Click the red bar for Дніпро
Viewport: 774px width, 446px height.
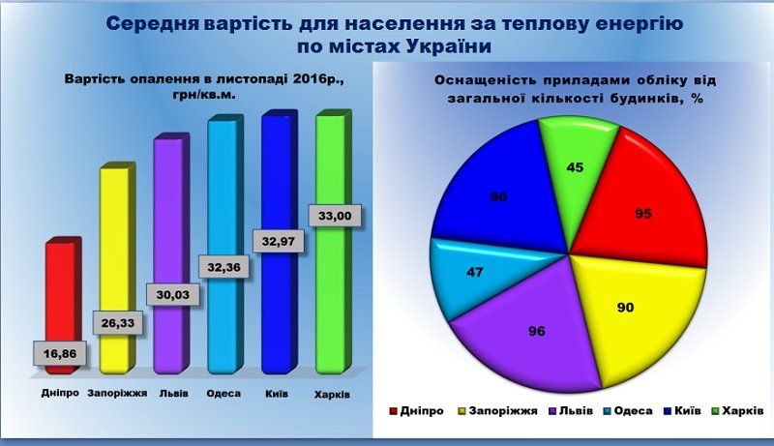60,290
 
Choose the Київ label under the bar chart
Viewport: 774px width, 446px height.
278,394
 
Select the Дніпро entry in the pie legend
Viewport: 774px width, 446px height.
422,410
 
